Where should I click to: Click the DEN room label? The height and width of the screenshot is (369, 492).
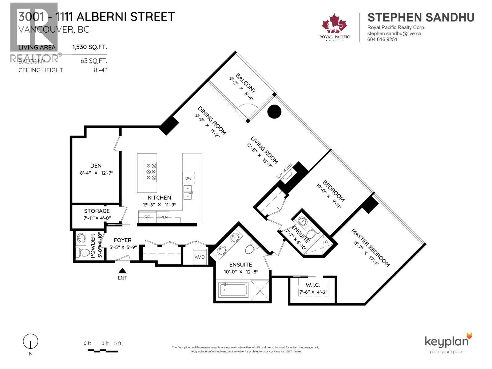[96, 166]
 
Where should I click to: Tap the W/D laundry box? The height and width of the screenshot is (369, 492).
[199, 257]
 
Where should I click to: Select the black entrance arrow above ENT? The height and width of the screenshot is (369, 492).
[122, 271]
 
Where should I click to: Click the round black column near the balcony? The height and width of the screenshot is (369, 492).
[274, 112]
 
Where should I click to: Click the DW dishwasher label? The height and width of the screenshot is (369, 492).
[188, 178]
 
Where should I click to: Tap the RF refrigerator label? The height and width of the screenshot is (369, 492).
[147, 217]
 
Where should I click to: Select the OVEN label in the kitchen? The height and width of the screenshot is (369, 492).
[163, 217]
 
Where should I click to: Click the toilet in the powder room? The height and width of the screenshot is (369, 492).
[82, 253]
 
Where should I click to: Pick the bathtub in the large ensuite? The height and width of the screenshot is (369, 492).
[233, 290]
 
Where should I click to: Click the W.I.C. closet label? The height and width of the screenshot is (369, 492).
[312, 285]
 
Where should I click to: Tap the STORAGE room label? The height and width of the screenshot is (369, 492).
[97, 211]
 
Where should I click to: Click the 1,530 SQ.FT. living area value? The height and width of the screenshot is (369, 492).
[89, 47]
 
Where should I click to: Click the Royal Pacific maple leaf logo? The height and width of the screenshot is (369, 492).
[334, 24]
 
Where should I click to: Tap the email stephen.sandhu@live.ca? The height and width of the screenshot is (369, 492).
[394, 34]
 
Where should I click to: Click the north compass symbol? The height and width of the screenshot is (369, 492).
[30, 342]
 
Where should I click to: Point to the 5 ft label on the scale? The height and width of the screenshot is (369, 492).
[117, 343]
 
